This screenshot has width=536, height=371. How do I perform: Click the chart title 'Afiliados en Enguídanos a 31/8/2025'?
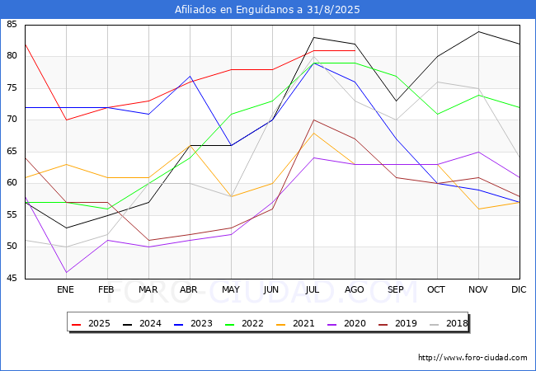tap(267, 10)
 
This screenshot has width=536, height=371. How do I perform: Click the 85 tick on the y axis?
tap(12, 25)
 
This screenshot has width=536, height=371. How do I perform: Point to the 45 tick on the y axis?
tap(12, 279)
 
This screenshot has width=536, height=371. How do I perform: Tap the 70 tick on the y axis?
tap(12, 120)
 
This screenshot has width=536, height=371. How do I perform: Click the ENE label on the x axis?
tap(66, 290)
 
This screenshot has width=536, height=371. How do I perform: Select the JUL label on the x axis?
tap(313, 290)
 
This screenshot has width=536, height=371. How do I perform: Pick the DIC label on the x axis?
tap(519, 290)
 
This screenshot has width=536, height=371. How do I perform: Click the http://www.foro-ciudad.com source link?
tap(473, 358)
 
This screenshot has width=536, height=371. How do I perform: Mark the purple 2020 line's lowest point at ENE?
tap(66, 272)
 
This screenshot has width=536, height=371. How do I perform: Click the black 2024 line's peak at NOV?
tap(478, 31)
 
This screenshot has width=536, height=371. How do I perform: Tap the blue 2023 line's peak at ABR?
tap(190, 76)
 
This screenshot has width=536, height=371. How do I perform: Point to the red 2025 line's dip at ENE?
tap(66, 120)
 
